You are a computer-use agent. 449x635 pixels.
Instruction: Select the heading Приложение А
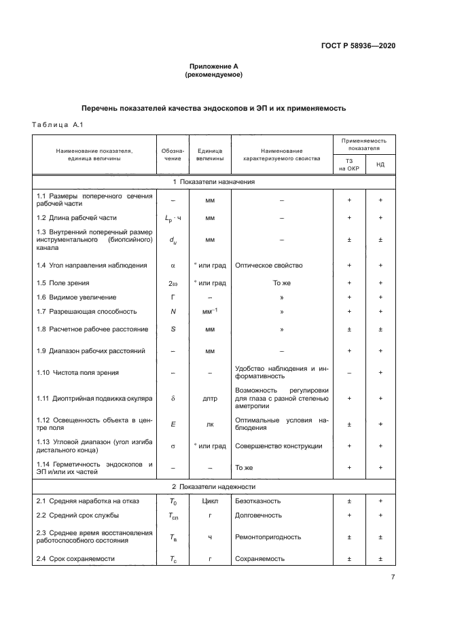pos(213,67)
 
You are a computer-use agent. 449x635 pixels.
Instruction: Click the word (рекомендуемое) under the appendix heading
pos(213,75)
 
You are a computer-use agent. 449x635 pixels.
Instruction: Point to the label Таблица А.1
pos(58,124)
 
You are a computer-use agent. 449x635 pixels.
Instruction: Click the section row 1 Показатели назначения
pos(213,182)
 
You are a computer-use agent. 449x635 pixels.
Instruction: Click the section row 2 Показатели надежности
pos(213,486)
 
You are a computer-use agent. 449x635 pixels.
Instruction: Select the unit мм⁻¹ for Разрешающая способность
pos(210,311)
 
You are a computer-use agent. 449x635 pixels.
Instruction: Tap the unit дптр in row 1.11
pos(210,399)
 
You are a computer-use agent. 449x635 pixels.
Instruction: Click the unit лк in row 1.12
pos(210,424)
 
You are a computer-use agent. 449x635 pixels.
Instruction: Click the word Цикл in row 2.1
pos(210,501)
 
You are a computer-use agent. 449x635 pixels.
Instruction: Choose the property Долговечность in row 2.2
pos(257,515)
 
